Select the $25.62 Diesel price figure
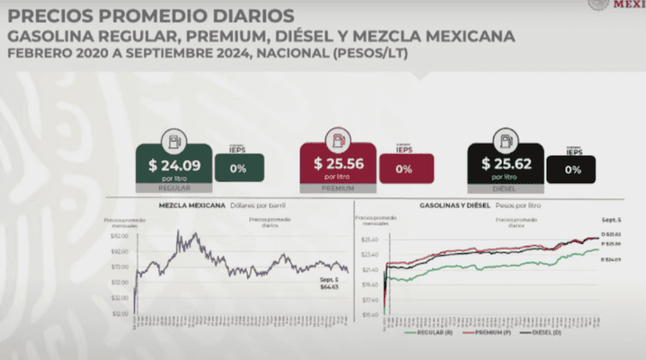tap(503, 163)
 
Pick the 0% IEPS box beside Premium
tap(404, 170)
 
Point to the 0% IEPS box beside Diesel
tap(572, 170)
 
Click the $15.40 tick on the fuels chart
tap(371, 315)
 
